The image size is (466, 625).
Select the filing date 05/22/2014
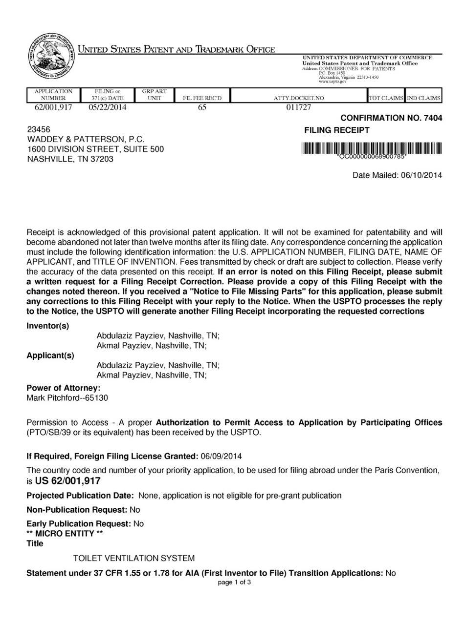click(x=108, y=107)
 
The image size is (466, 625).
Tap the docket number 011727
click(x=298, y=107)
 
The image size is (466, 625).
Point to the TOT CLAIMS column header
click(x=386, y=98)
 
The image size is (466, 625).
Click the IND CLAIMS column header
click(x=423, y=98)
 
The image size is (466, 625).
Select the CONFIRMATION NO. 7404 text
click(x=391, y=118)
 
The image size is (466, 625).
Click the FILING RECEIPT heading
click(x=337, y=130)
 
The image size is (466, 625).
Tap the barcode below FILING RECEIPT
click(x=372, y=148)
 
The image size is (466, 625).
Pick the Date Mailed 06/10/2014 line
click(x=397, y=175)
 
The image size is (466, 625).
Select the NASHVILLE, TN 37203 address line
click(x=70, y=159)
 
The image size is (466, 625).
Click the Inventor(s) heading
click(x=47, y=326)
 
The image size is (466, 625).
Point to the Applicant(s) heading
click(x=50, y=355)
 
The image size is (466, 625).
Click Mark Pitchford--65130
click(x=67, y=398)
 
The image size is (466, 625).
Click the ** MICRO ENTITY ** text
click(x=65, y=533)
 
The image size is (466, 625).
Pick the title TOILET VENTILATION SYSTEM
click(x=133, y=558)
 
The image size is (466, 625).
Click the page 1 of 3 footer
click(x=234, y=582)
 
